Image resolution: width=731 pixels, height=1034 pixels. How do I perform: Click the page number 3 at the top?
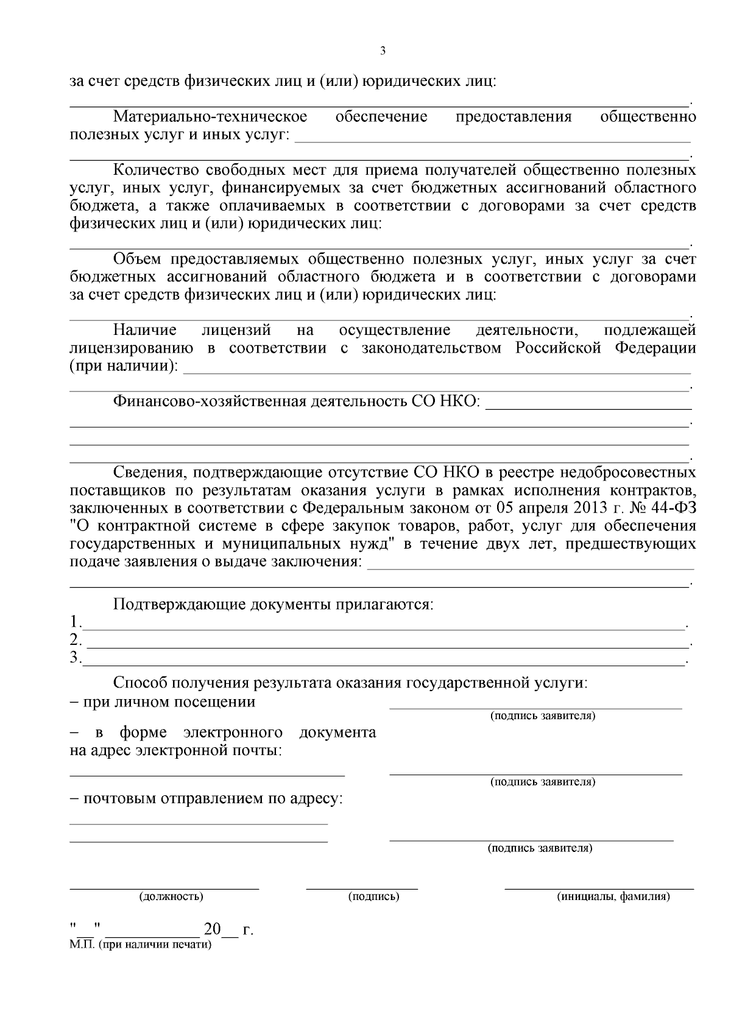coord(383,51)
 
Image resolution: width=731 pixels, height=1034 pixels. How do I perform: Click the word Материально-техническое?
coord(210,116)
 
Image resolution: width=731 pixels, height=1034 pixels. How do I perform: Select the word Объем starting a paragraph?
coord(137,259)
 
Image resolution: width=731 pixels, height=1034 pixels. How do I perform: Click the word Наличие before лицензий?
coord(145,330)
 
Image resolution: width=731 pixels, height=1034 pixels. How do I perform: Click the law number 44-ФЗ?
coord(674,508)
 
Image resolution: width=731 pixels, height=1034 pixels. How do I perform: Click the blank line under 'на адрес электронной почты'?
coord(207,775)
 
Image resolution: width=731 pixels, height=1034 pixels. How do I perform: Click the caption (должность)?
coord(171,896)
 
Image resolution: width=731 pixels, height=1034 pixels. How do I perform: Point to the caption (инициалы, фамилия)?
coord(613,896)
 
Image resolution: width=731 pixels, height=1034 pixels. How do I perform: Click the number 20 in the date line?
coord(213,930)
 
